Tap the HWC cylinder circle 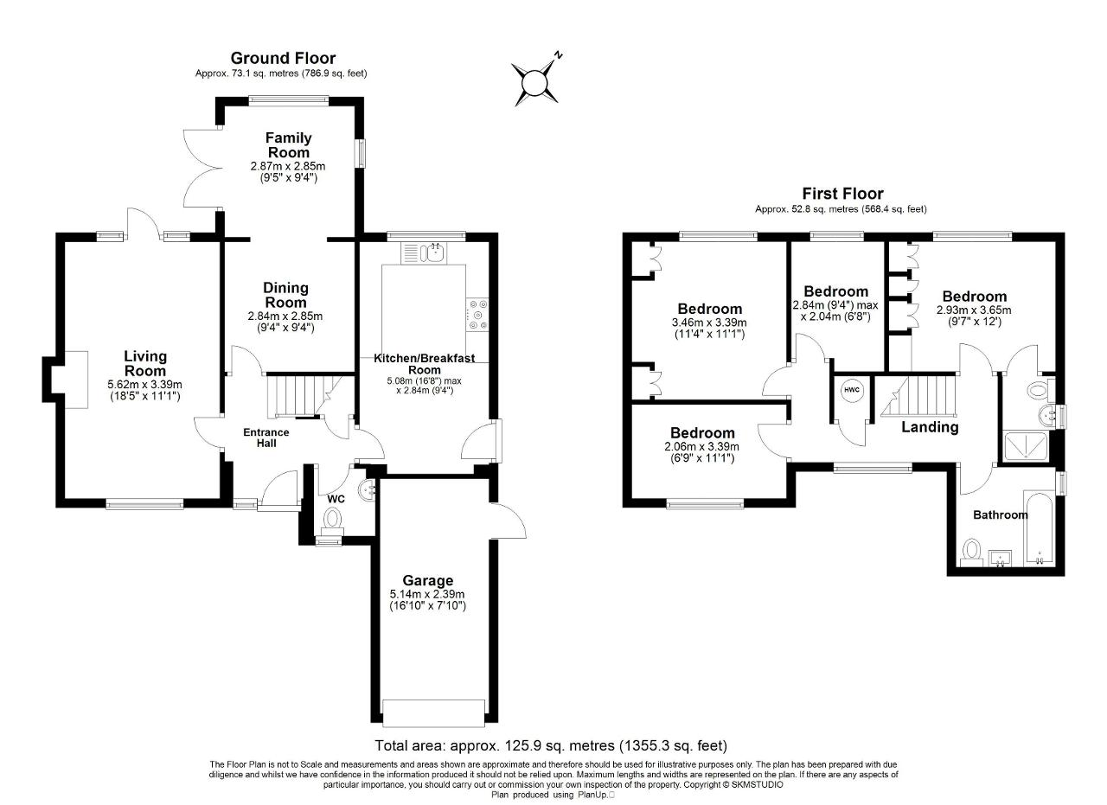pos(852,390)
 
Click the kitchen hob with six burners pos(477,314)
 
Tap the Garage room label pos(427,581)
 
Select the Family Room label pos(289,144)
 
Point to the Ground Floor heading pos(283,58)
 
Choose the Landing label pos(930,427)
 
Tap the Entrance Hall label pos(266,438)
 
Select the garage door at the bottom pos(434,713)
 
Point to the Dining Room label pos(285,295)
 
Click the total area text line pos(551,745)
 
